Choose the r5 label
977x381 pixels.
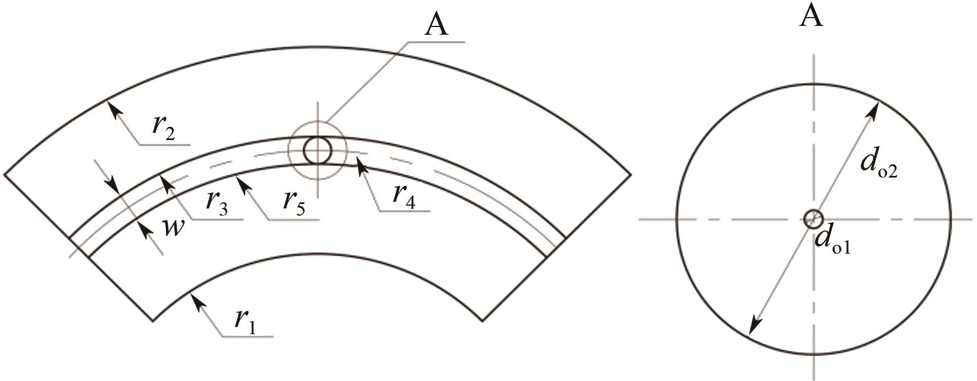(294, 202)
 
